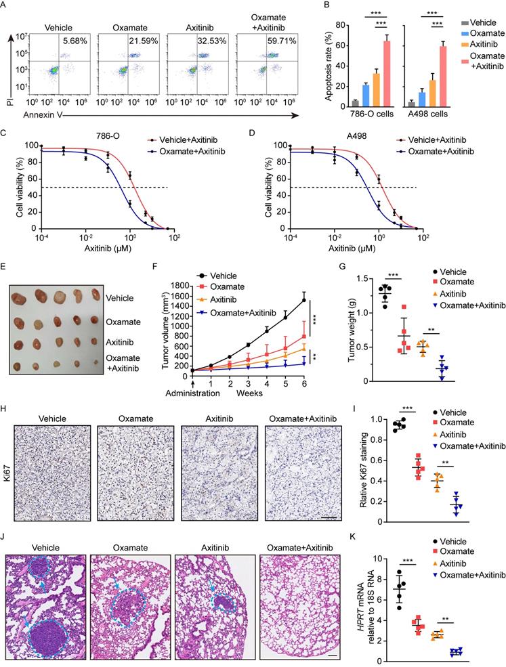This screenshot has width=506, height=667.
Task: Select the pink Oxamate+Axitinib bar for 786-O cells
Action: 387,73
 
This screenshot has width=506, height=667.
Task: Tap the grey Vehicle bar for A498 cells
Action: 411,104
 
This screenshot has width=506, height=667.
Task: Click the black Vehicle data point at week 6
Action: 303,299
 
